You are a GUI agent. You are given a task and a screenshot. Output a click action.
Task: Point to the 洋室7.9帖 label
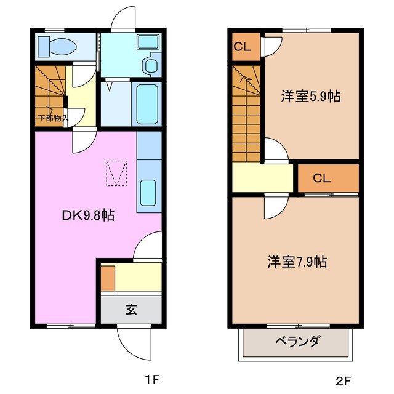[x=297, y=261]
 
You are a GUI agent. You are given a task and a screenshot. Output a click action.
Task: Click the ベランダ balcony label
[x=297, y=341]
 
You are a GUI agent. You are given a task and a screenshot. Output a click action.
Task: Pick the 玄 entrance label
[x=131, y=309]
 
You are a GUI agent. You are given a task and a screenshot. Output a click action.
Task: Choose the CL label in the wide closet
[x=321, y=179]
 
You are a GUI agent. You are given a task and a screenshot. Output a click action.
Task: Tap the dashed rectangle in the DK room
[x=116, y=172]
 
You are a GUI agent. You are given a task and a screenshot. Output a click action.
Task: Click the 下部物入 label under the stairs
[x=53, y=118]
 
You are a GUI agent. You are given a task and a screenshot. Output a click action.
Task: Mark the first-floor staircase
[x=49, y=89]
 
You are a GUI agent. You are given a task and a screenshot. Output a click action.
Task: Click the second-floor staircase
[x=247, y=113]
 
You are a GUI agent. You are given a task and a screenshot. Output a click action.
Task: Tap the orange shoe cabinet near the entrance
[x=107, y=278]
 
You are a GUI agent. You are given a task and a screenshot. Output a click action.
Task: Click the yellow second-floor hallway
[x=263, y=179]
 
